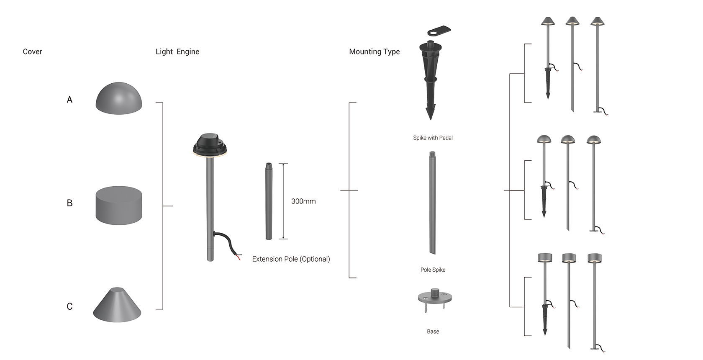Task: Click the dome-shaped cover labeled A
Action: coord(119,99)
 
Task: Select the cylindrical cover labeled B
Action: coord(119,205)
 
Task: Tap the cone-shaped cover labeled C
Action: coord(117,306)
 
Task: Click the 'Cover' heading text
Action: coord(32,51)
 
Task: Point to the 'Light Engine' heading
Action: coord(177,51)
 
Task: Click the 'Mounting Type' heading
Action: coord(374,51)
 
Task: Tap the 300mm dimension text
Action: coord(303,201)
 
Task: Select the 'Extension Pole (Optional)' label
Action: coord(291,259)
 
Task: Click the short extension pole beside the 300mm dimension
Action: coord(269,201)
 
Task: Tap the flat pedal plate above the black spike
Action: coord(439,31)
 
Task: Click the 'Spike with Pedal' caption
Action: coord(433,138)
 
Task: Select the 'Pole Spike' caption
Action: coord(433,270)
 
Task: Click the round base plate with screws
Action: coord(435,298)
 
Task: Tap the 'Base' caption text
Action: coord(433,332)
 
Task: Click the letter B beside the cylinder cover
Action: coord(69,203)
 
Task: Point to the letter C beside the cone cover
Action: coord(69,307)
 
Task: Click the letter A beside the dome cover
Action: coord(69,100)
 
